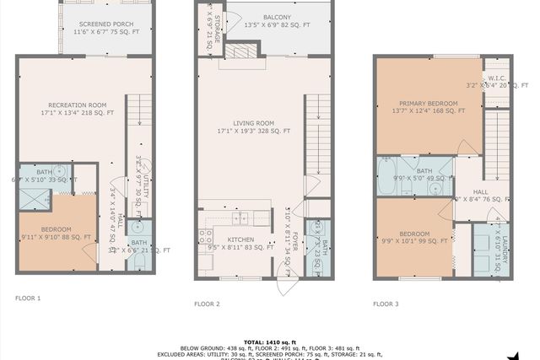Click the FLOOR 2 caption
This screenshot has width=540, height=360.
tap(207, 304)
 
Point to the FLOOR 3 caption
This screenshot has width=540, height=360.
tap(386, 304)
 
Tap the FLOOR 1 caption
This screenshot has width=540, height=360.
tap(28, 298)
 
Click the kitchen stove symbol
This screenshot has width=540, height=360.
tap(207, 240)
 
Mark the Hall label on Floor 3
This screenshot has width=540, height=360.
tap(480, 192)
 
